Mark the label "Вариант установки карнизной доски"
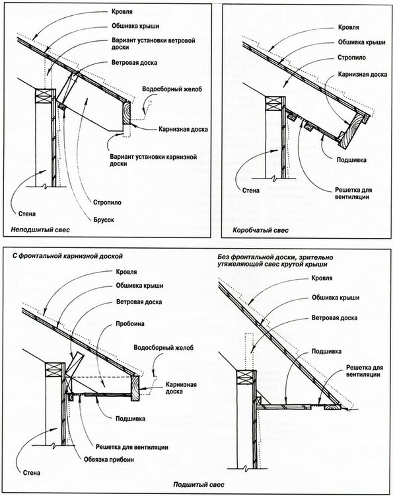pos(138,159)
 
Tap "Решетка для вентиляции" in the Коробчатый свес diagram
pos(353,192)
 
